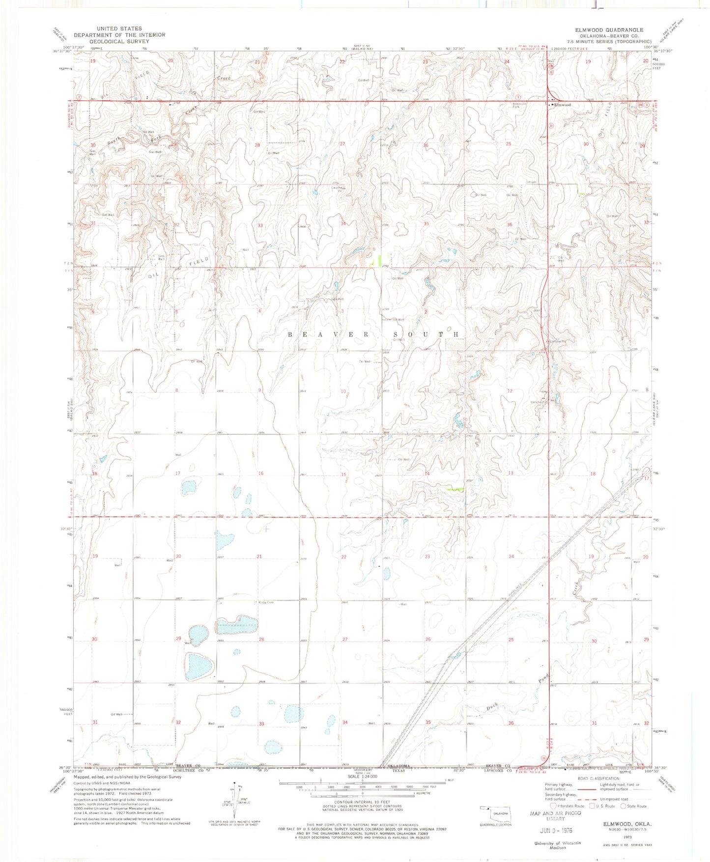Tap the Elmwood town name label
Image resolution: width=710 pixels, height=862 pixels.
(x=563, y=105)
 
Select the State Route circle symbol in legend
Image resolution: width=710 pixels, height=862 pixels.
(x=624, y=806)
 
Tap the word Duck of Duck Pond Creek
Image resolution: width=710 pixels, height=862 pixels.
(x=493, y=707)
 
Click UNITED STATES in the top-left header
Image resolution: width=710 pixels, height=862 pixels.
(x=119, y=29)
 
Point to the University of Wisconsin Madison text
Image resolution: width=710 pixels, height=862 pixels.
(x=557, y=845)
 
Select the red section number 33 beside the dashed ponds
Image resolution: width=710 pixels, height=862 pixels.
(x=261, y=724)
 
